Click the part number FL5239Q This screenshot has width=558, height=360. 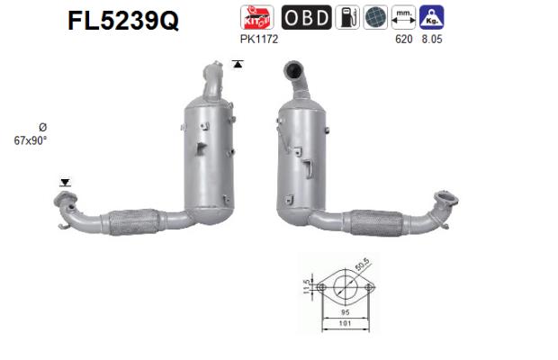tap(123, 21)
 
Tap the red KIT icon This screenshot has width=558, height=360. tap(256, 17)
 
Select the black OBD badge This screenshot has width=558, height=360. tap(306, 17)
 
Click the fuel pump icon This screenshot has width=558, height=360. tap(347, 17)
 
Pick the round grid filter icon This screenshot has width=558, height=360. tap(375, 17)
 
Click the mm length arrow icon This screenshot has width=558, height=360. tap(403, 17)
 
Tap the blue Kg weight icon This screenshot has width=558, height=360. tap(432, 17)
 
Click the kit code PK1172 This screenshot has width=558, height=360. tap(258, 39)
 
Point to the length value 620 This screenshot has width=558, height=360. tap(404, 39)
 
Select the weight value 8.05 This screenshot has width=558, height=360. tap(432, 39)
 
